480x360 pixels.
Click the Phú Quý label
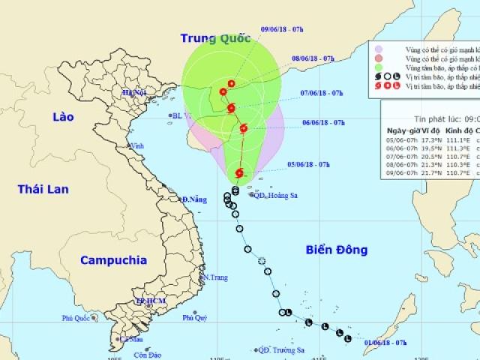[x=193, y=318]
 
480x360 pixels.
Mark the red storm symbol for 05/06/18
[x=239, y=174]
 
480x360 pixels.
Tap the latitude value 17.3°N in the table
[x=431, y=139]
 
